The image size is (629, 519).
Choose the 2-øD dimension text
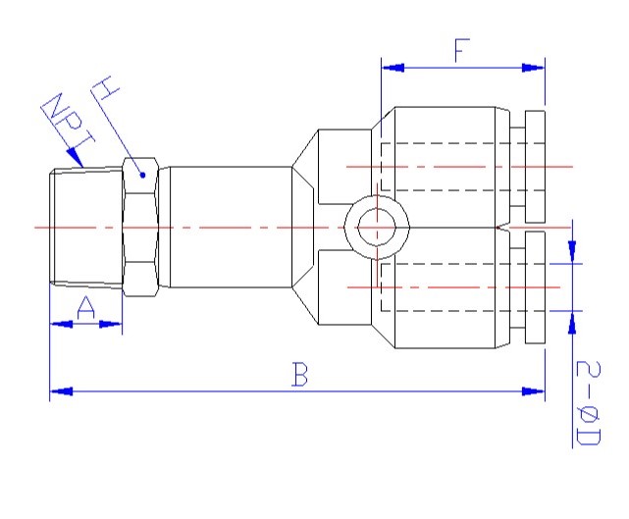click(587, 403)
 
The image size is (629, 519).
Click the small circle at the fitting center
click(374, 228)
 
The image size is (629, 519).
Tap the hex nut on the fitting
click(139, 228)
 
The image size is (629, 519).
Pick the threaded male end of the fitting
click(86, 228)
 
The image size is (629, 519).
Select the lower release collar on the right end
click(536, 287)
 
